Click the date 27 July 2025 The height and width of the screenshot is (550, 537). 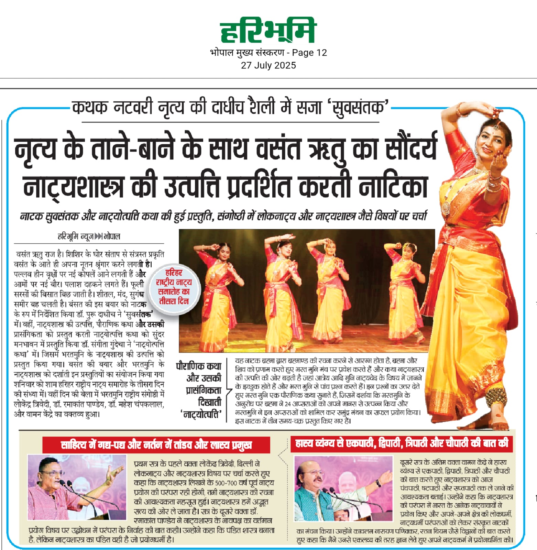tap(268, 65)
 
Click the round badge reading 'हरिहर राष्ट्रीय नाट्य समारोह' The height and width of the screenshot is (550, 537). tap(174, 287)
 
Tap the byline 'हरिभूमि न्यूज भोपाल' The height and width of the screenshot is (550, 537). tap(89, 236)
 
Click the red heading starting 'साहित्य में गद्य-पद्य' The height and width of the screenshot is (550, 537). tap(156, 445)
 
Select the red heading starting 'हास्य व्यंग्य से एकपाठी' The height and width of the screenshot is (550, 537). tap(401, 443)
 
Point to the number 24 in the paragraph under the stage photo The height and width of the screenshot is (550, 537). tap(288, 404)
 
